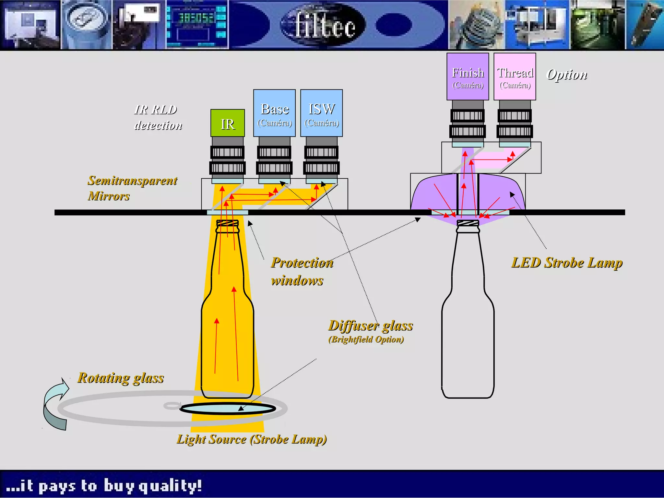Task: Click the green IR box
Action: [228, 123]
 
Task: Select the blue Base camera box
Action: [274, 113]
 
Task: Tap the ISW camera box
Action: [321, 113]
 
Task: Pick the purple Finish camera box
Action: [468, 77]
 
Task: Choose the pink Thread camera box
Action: [515, 77]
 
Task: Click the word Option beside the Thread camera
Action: [567, 75]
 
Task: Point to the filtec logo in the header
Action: [324, 25]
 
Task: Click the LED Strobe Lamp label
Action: [567, 263]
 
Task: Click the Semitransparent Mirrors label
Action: [132, 188]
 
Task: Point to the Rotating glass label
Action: [121, 378]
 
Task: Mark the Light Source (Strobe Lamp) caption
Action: [252, 439]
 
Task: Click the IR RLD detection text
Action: [158, 117]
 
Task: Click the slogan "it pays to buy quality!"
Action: [104, 486]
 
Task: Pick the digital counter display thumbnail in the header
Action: [197, 25]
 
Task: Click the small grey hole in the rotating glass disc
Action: [172, 405]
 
